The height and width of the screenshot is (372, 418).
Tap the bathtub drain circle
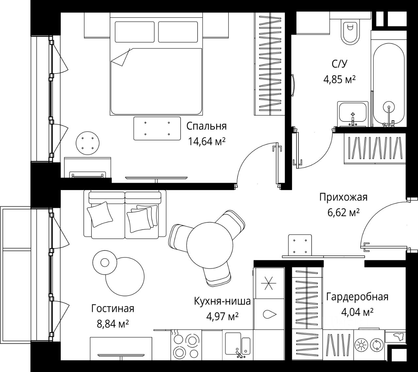pyautogui.click(x=389, y=106)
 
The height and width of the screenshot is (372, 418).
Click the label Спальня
pyautogui.click(x=206, y=126)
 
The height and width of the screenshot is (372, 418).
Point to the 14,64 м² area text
pyautogui.click(x=206, y=141)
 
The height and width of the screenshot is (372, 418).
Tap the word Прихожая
pyautogui.click(x=343, y=197)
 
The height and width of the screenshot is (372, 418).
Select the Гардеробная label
pyautogui.click(x=357, y=297)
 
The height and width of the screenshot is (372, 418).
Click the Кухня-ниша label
pyautogui.click(x=222, y=301)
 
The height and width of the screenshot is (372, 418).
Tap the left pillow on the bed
pyautogui.click(x=134, y=32)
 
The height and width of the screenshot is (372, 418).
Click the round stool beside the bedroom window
pyautogui.click(x=87, y=143)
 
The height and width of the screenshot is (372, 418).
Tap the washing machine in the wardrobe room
pyautogui.click(x=369, y=345)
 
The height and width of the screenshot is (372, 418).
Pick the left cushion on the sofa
pyautogui.click(x=99, y=214)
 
